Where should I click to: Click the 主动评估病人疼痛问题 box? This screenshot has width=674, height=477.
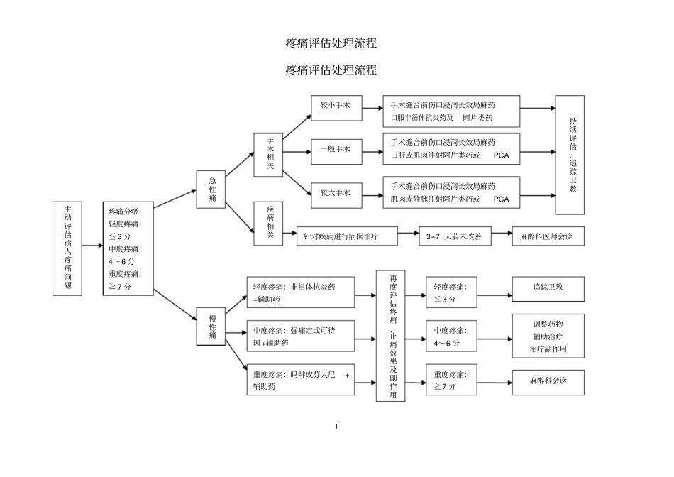(x=68, y=248)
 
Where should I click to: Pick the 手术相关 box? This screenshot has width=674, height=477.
(x=270, y=153)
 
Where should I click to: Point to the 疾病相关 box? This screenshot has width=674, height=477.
(x=270, y=222)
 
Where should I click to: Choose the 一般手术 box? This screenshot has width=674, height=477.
(x=335, y=149)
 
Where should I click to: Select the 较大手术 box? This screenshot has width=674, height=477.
(x=335, y=192)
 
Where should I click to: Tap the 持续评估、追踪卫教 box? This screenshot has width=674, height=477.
(x=570, y=155)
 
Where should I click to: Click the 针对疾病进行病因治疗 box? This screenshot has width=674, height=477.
(x=346, y=236)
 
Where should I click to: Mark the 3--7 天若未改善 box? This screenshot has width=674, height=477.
(x=454, y=236)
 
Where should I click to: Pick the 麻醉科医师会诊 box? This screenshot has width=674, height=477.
(x=548, y=236)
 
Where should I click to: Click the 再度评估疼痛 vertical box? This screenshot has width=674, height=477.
(x=390, y=336)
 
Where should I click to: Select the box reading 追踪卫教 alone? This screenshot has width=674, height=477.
(x=548, y=287)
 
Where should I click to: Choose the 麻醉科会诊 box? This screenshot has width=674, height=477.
(x=548, y=381)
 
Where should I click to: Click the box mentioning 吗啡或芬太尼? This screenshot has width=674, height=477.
(x=301, y=381)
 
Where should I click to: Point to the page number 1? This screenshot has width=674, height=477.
(x=336, y=426)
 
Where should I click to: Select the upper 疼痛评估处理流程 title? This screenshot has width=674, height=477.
(x=331, y=43)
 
